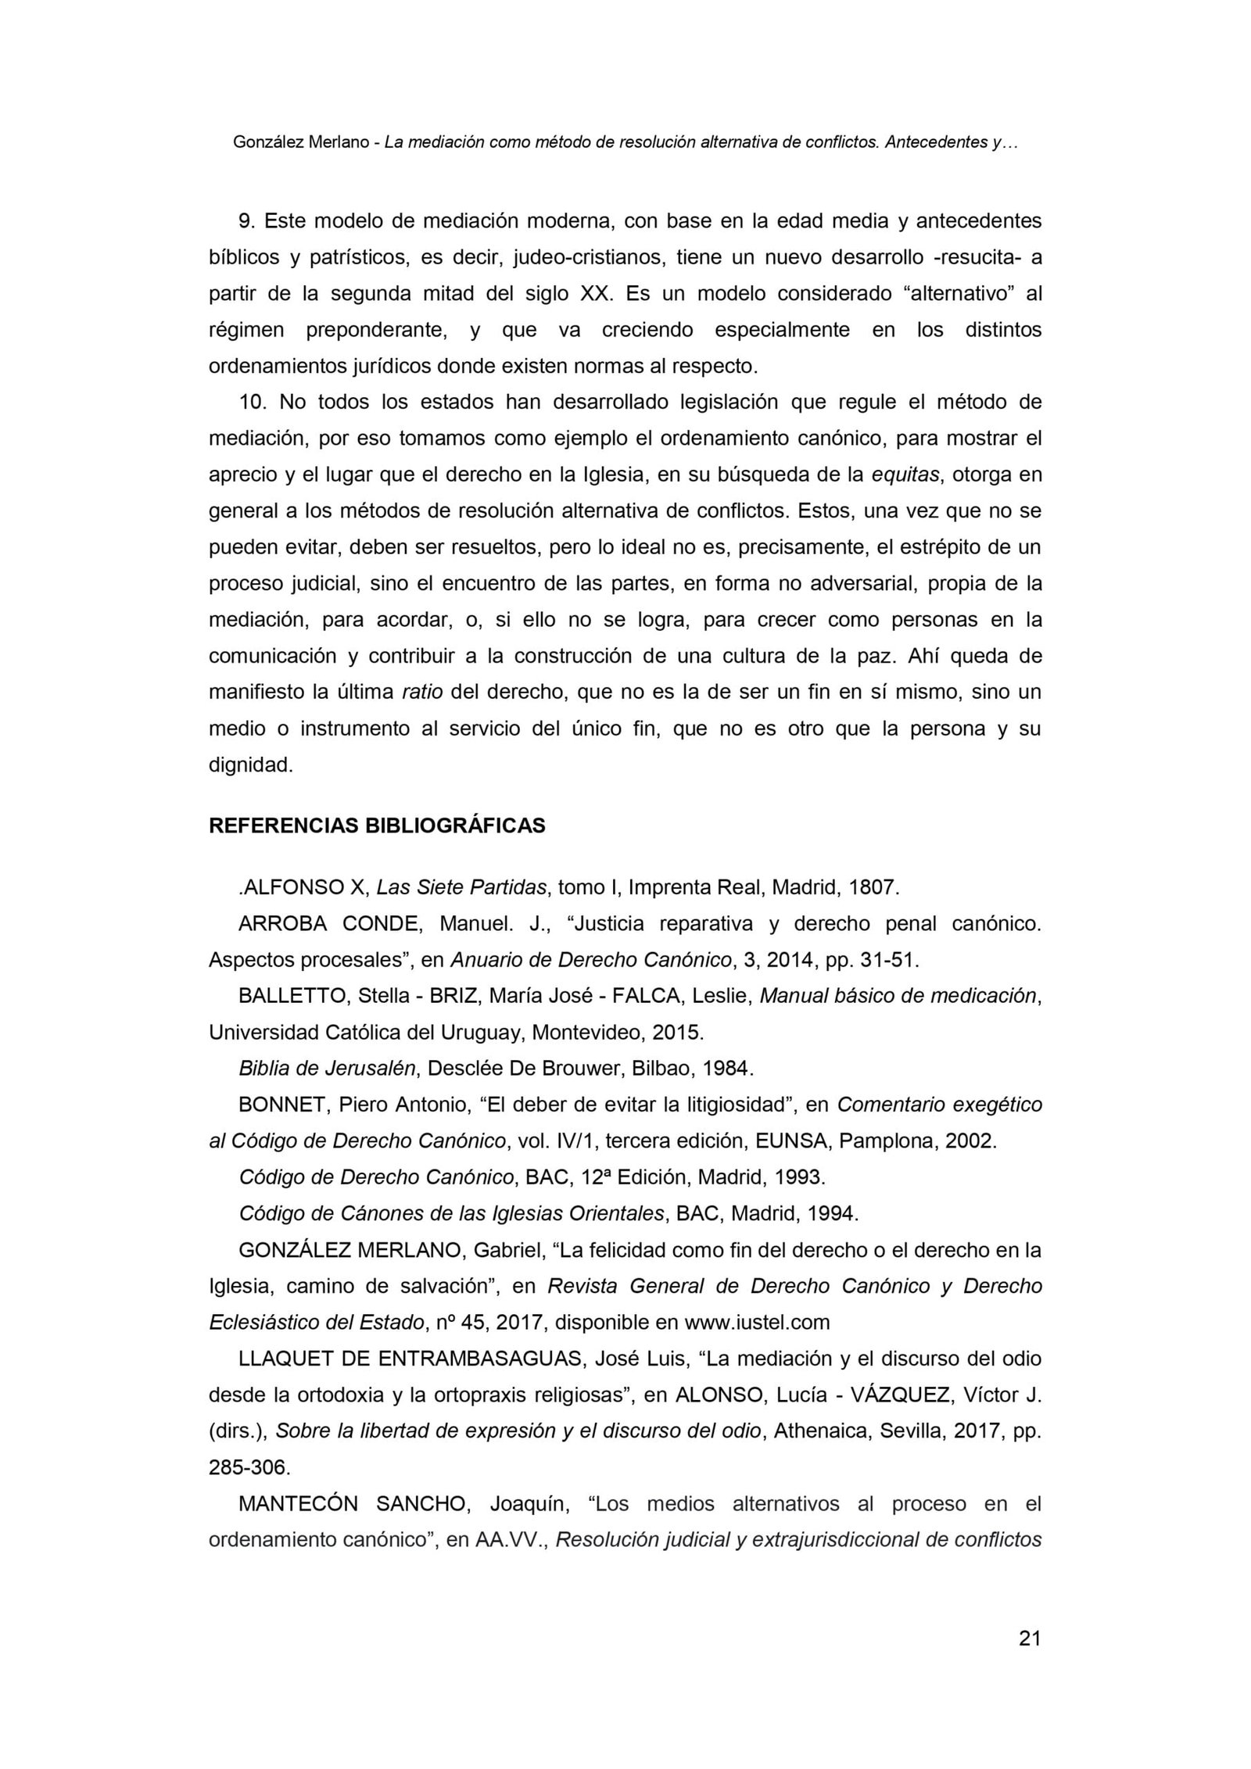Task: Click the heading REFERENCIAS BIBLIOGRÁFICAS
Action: (x=377, y=825)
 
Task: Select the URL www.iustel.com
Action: (x=757, y=1322)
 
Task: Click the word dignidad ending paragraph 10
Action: (x=250, y=765)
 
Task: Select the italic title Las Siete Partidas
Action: (x=461, y=887)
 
